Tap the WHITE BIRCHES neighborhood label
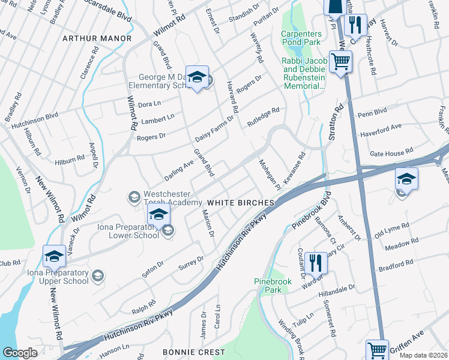point(241,203)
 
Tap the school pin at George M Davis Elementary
point(197,77)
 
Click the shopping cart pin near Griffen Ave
point(378,349)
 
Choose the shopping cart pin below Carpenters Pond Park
point(340,61)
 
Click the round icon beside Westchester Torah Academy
point(133,197)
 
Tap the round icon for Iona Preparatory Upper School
point(97,275)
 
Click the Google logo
point(20,352)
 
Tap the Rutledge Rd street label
point(264,118)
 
